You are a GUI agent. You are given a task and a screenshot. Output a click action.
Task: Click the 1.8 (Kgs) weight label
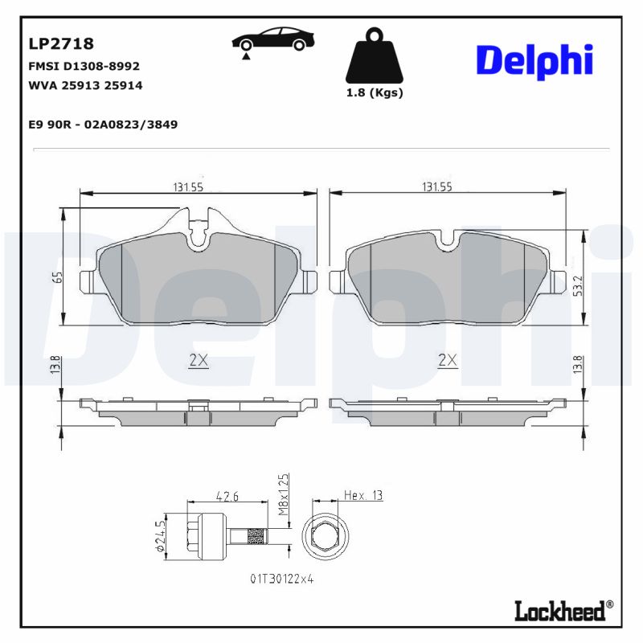[x=375, y=92]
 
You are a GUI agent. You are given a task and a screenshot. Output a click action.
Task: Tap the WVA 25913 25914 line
[x=85, y=85]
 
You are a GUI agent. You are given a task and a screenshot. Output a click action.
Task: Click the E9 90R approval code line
[x=103, y=125]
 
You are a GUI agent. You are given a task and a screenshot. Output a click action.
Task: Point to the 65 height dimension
[x=58, y=278]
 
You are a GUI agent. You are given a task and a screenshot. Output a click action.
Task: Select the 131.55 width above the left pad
[x=188, y=186]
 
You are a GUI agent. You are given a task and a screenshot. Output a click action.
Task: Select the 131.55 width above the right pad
[x=436, y=186]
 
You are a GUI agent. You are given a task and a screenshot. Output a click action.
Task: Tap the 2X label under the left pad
[x=199, y=362]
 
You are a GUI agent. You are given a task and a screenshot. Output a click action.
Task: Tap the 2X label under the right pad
[x=448, y=362]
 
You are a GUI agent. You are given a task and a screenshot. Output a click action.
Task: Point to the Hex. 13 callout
[x=362, y=496]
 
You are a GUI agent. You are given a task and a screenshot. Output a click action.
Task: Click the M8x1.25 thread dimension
[x=282, y=494]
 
